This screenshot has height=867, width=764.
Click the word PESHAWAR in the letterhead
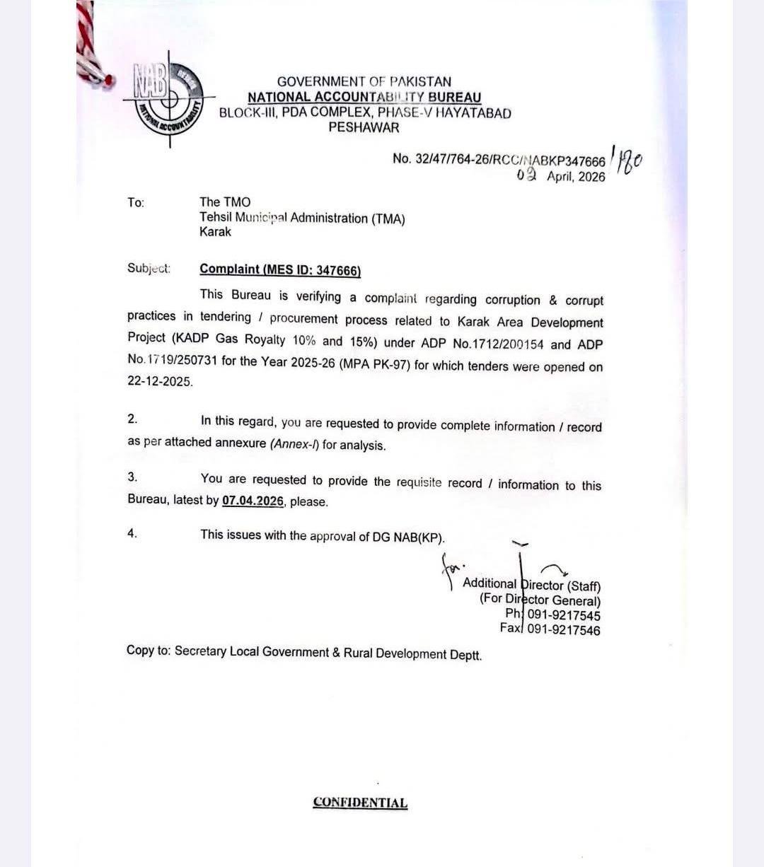pyautogui.click(x=364, y=128)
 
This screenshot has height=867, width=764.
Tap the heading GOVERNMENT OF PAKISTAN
pyautogui.click(x=364, y=81)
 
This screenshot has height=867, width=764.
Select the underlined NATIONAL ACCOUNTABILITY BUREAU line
pyautogui.click(x=364, y=97)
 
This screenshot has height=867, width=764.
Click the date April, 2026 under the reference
pyautogui.click(x=575, y=177)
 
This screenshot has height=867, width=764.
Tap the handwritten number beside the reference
pyautogui.click(x=627, y=163)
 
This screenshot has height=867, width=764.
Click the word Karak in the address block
pyautogui.click(x=215, y=232)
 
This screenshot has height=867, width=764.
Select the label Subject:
pyautogui.click(x=149, y=268)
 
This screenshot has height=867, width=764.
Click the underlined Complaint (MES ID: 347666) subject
pyautogui.click(x=280, y=269)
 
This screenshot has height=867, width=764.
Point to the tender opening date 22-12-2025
pyautogui.click(x=160, y=381)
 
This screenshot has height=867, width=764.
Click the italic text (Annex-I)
pyautogui.click(x=294, y=445)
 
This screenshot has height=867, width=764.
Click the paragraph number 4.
pyautogui.click(x=132, y=533)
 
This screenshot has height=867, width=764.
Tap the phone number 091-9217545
pyautogui.click(x=563, y=615)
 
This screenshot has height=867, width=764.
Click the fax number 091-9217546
pyautogui.click(x=563, y=630)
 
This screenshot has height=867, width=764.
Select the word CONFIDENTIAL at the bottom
pyautogui.click(x=360, y=803)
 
